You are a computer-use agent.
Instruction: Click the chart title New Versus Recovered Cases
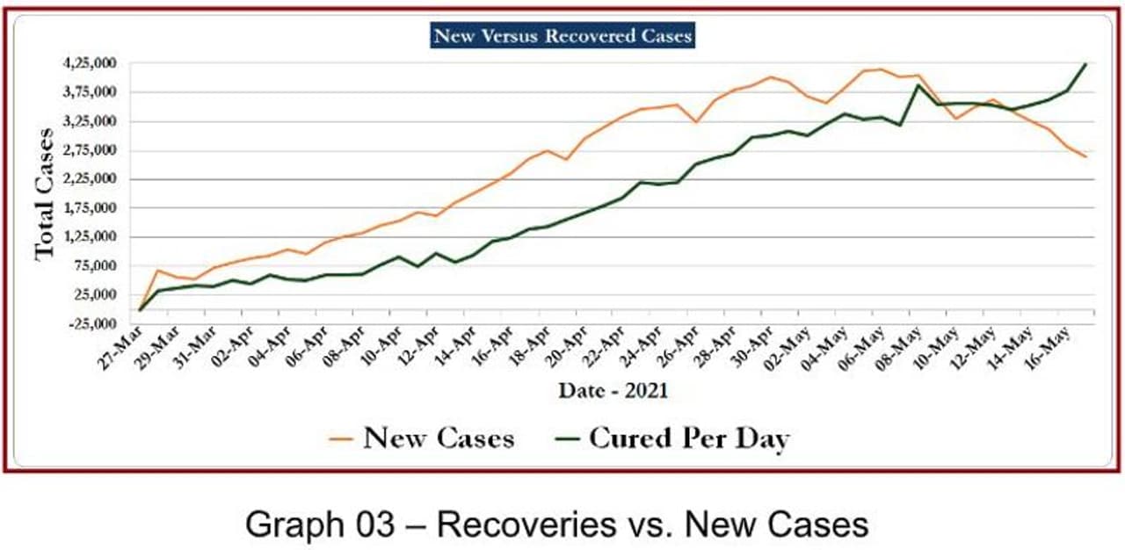click(x=563, y=36)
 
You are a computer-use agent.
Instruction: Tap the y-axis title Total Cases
click(x=45, y=193)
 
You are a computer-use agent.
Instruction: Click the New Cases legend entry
click(x=422, y=438)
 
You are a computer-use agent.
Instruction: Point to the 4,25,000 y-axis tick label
click(x=91, y=64)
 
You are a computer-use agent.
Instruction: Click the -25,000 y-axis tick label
click(x=91, y=323)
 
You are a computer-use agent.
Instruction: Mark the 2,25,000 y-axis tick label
click(x=91, y=179)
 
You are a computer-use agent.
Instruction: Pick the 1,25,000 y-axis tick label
click(x=91, y=237)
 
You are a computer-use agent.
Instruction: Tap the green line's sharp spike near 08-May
click(x=918, y=85)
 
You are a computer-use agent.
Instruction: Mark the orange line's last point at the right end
click(x=1085, y=156)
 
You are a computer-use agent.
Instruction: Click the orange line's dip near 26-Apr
click(x=695, y=121)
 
